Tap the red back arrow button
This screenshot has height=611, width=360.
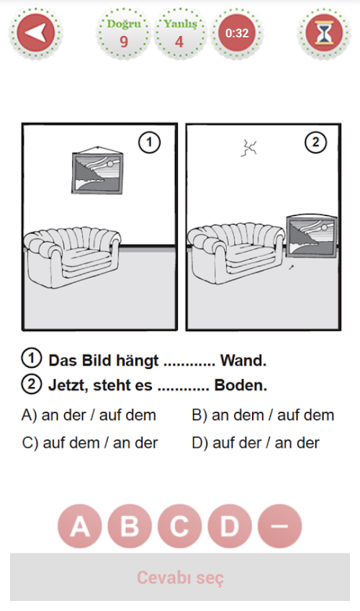[35, 33]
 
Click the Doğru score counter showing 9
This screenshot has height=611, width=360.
[124, 33]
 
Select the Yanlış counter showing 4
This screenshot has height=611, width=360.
[179, 33]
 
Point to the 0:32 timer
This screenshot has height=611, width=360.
[237, 33]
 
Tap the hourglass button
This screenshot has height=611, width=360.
[324, 33]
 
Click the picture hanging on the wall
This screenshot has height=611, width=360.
[97, 171]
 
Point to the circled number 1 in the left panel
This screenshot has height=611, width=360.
[149, 143]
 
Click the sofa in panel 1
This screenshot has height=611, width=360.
[73, 255]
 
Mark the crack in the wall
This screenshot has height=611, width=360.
[248, 148]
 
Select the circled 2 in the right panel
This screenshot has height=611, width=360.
[315, 143]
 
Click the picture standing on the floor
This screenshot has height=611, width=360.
[311, 236]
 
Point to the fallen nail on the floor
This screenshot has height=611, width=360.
[291, 267]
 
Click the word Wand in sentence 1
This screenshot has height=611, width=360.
[243, 361]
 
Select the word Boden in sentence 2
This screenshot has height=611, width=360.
[240, 385]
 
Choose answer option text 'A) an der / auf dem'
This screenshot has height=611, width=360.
[89, 415]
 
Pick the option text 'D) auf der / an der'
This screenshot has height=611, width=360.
[256, 443]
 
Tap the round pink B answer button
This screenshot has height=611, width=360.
[130, 526]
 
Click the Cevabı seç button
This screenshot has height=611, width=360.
[180, 576]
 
